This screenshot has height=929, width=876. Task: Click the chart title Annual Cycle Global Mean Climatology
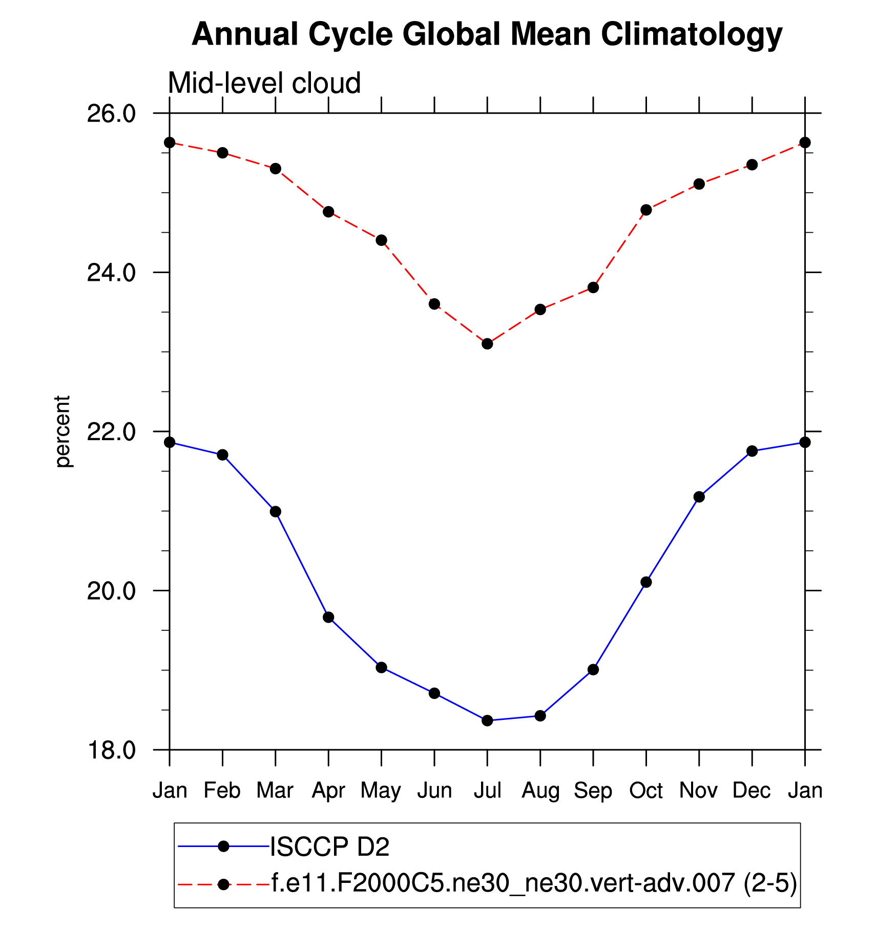coord(487,35)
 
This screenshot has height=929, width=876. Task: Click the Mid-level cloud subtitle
coord(264,83)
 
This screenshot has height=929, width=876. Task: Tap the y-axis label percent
coord(62,431)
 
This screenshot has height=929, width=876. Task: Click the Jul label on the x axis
coord(487,791)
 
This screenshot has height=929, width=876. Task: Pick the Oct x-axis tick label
coord(646,791)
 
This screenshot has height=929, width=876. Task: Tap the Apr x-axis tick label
coord(328,791)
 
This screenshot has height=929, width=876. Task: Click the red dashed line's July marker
coord(487,343)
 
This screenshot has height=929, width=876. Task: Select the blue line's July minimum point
coord(487,720)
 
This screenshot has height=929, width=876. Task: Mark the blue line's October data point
coord(646,582)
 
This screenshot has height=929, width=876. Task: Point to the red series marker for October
coord(646,210)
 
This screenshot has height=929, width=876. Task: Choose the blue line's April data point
coord(328,617)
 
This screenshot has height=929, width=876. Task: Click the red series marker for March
coord(276,169)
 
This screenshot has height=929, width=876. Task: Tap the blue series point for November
coord(699,497)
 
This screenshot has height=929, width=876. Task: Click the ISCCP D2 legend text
coord(329,847)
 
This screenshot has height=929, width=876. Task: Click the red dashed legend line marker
coord(223,884)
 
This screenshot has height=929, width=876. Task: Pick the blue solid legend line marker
coord(223,847)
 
